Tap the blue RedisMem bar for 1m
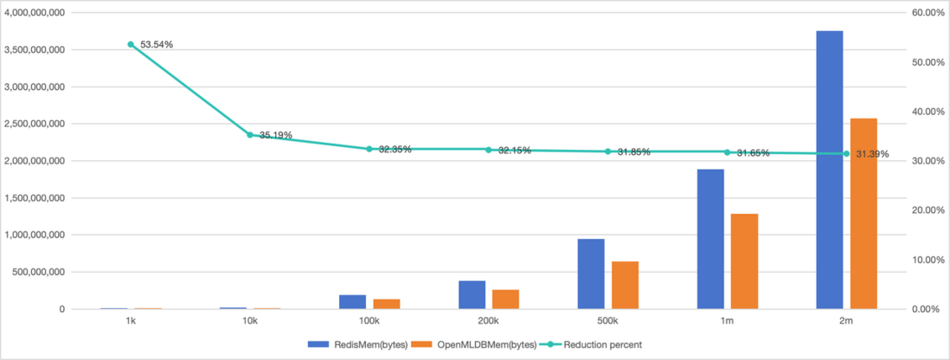710,239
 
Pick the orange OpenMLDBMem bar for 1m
744,261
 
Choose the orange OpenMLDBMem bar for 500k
625,285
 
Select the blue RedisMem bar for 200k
472,294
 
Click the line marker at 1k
131,44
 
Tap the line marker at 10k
250,135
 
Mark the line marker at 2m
846,154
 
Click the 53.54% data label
157,44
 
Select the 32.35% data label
395,150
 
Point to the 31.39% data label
872,154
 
